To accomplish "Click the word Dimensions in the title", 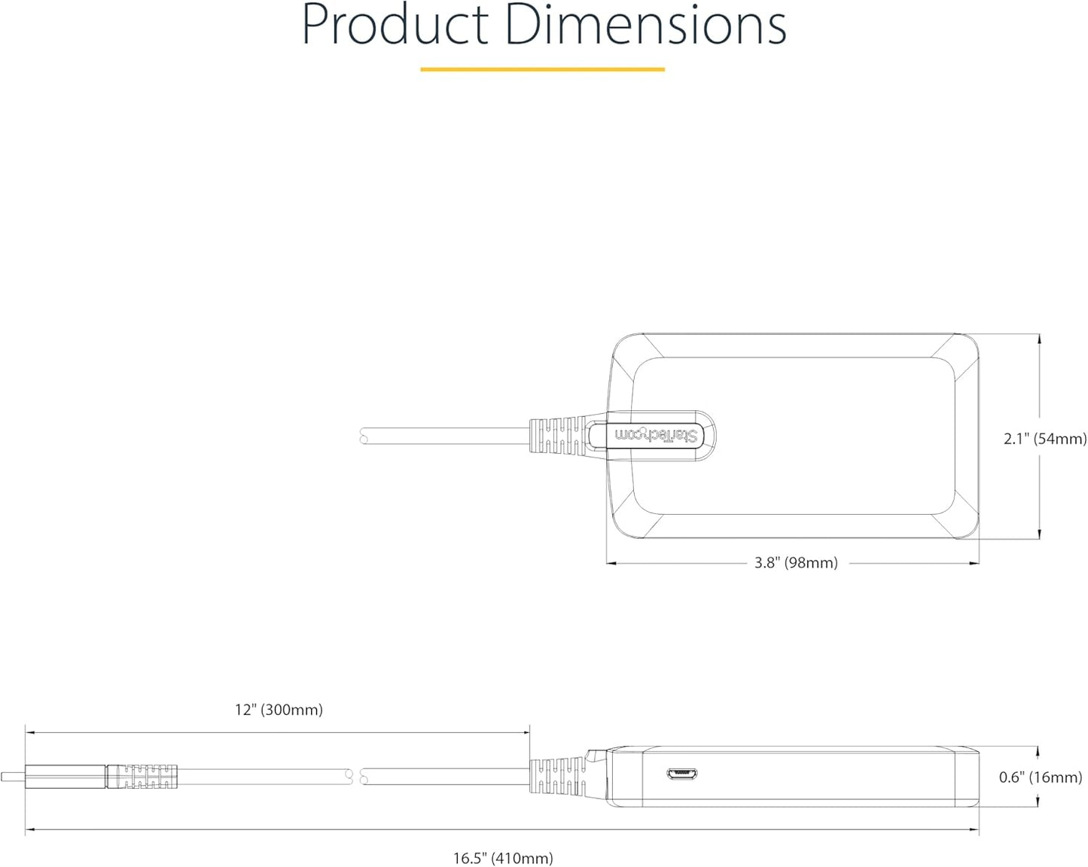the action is (x=645, y=24).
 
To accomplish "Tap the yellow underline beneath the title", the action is (x=542, y=69).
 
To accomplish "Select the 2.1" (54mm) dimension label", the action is (x=1045, y=439).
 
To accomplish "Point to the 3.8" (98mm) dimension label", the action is (x=796, y=563).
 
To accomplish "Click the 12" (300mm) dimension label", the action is (x=279, y=710).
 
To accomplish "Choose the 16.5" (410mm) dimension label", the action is (x=503, y=859).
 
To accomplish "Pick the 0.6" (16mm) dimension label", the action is (x=1041, y=777).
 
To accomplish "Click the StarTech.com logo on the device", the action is (x=656, y=436).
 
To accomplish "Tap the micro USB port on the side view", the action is (x=682, y=774).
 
